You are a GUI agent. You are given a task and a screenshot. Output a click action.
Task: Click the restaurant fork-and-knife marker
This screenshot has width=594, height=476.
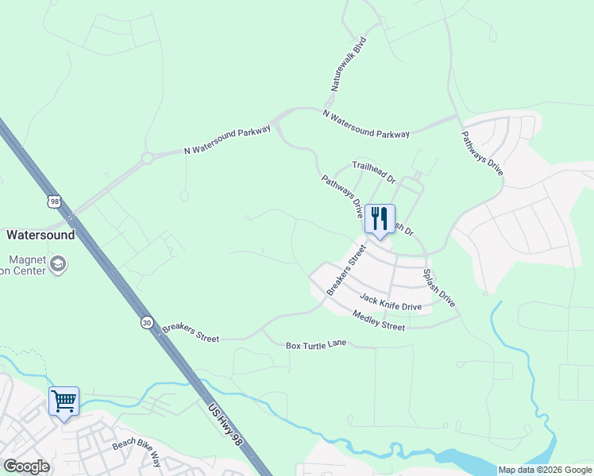coord(380,218)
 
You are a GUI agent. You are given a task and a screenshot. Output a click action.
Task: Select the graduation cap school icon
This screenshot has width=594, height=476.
coord(58,263)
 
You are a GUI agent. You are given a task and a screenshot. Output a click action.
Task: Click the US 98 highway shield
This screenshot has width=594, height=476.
coord(54,202)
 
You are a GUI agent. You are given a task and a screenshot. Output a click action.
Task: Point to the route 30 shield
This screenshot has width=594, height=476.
coord(147,322)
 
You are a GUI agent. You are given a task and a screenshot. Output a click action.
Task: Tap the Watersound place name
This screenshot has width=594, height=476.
coord(40,235)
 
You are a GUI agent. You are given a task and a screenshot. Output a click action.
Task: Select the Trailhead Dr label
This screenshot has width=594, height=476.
coord(373,172)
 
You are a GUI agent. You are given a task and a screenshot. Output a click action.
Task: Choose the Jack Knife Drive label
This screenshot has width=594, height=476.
coord(390,301)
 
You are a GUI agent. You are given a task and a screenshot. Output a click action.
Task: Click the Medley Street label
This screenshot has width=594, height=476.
coord(379,321)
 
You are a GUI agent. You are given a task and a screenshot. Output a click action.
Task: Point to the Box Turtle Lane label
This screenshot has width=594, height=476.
coord(318,346)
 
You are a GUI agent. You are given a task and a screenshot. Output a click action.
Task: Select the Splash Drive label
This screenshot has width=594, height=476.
coord(438,286)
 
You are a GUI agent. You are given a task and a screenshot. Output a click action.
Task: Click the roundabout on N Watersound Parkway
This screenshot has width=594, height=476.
coord(147,159)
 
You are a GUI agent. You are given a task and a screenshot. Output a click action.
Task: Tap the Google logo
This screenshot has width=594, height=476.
coord(25,466)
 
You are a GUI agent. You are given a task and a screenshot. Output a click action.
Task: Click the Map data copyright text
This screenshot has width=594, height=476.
coord(544,470)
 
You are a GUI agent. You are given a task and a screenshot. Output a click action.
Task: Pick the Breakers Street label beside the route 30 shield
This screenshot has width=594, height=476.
coord(191,333)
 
